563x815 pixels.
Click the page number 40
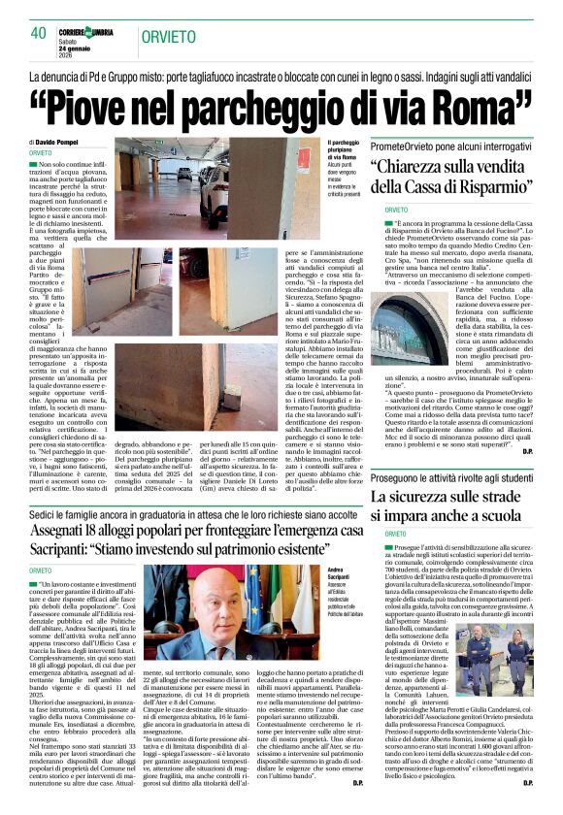click(x=39, y=33)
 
